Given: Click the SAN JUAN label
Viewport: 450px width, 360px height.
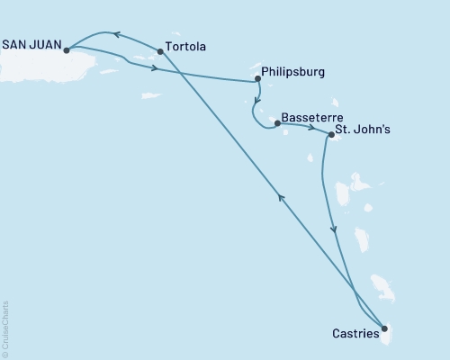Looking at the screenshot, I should point(32,40).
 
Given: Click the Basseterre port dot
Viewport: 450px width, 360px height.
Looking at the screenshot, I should point(277,122).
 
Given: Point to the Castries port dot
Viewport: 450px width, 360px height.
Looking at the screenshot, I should point(384,328).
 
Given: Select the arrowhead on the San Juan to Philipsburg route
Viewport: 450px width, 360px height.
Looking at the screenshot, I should point(157,68).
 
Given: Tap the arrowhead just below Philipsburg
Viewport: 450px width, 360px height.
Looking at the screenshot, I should point(256,100).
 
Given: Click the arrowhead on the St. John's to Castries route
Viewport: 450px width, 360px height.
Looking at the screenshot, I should point(335,229).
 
